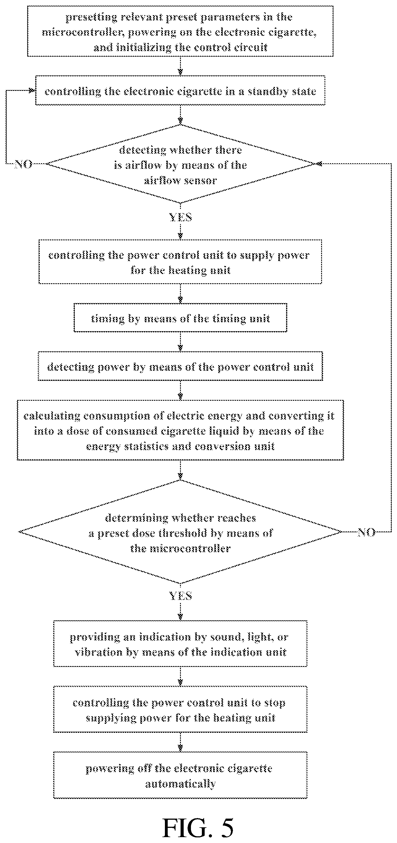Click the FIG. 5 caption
tap(198, 827)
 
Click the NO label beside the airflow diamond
tap(24, 163)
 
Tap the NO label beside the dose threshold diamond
tap(366, 533)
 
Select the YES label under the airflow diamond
tap(180, 217)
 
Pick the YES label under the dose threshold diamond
tap(180, 595)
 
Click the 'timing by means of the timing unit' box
tap(180, 318)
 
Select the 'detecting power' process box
tap(180, 366)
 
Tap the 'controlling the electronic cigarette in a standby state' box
tap(180, 90)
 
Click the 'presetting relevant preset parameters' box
tap(180, 31)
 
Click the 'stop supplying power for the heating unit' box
tap(180, 709)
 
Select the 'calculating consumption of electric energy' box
tap(180, 430)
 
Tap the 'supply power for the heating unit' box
tap(180, 262)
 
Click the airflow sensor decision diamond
tap(180, 164)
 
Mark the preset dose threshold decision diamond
tap(180, 532)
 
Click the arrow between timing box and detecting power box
tap(180, 342)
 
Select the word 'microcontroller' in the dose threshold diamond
tap(180, 549)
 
